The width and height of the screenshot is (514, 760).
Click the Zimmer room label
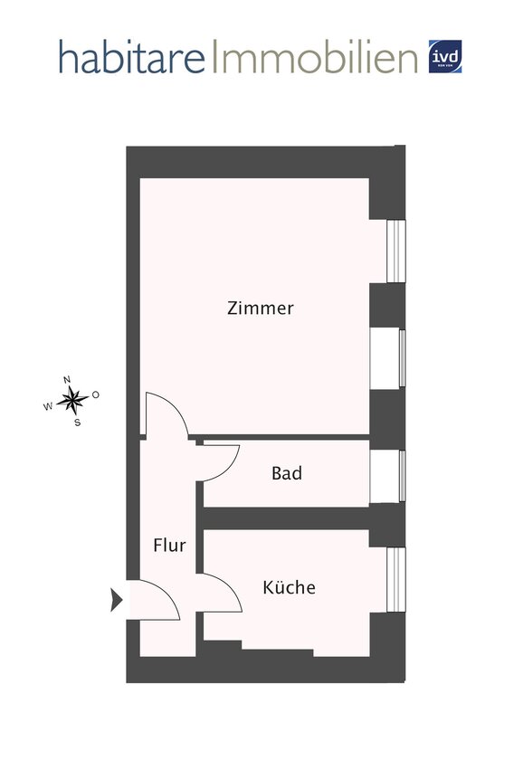(x=260, y=309)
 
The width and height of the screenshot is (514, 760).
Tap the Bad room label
(x=287, y=473)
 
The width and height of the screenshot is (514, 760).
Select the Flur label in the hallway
(x=169, y=546)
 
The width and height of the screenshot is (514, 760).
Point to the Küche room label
(x=289, y=587)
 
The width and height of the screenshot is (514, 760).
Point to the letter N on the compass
(x=67, y=380)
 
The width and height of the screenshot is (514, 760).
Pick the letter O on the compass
(x=95, y=394)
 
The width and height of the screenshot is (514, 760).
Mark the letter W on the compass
(x=48, y=406)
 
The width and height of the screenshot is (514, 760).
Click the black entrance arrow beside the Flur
(x=116, y=599)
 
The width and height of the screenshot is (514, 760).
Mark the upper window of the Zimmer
(x=395, y=251)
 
